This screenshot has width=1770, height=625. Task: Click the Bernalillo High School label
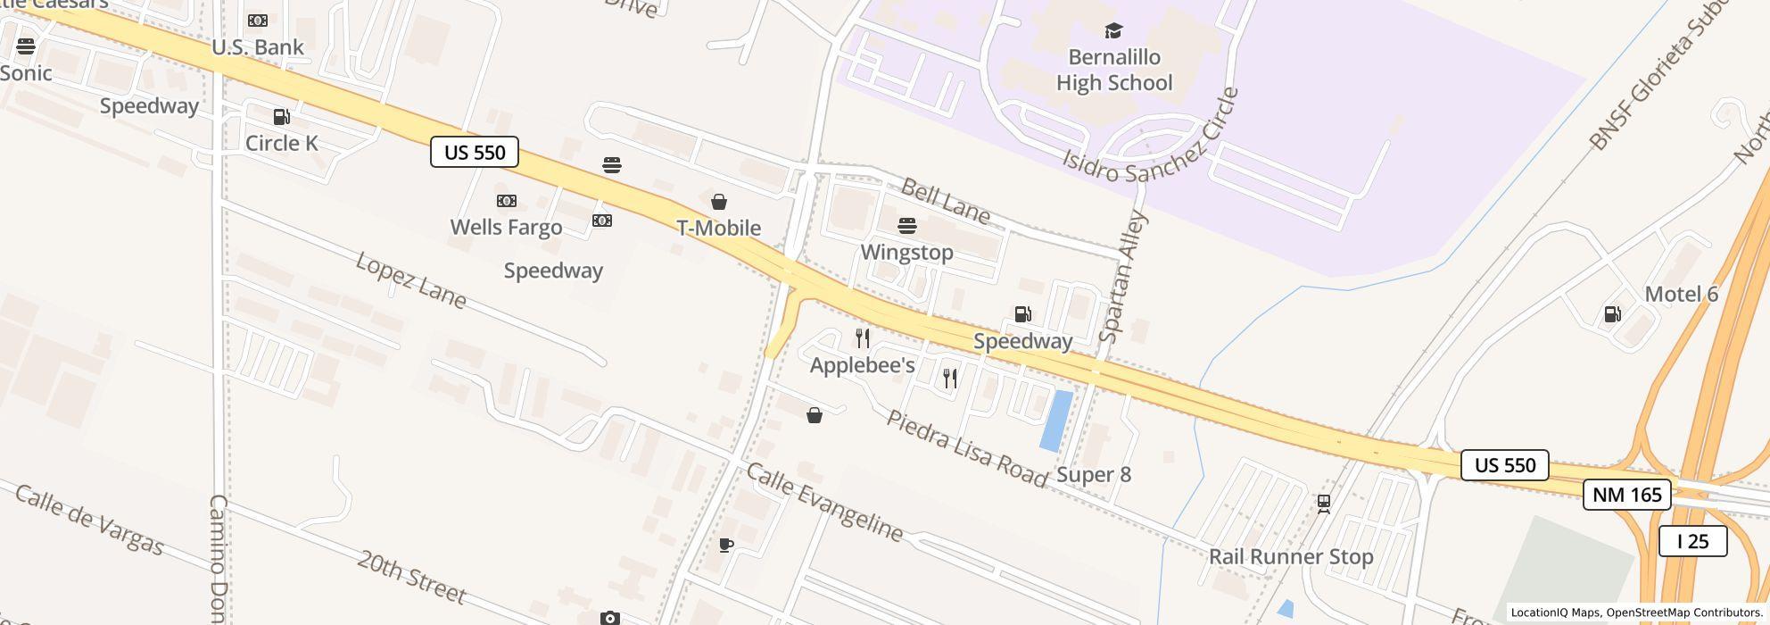(x=1114, y=70)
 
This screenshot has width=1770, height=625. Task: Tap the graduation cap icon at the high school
(x=1113, y=31)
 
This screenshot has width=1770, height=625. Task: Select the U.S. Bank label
(x=258, y=47)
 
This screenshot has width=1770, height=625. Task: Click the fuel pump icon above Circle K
(x=281, y=117)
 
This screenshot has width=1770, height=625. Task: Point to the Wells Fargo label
(x=506, y=228)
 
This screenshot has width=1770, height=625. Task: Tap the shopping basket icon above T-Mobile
(x=718, y=202)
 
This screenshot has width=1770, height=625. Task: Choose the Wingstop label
(x=906, y=253)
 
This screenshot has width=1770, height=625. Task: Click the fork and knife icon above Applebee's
(x=862, y=338)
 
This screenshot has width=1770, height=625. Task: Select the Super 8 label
(x=1094, y=475)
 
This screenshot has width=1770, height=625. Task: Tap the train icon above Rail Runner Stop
(x=1324, y=504)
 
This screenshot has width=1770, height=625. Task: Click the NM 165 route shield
(x=1626, y=495)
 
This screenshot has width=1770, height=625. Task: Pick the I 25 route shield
(x=1692, y=541)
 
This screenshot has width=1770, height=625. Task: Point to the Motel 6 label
(x=1681, y=295)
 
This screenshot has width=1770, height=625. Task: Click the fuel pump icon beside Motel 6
(x=1612, y=314)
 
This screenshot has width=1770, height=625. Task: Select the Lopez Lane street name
(x=410, y=280)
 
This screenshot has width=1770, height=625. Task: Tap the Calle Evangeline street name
(x=824, y=502)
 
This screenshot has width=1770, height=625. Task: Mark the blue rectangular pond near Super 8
(x=1056, y=421)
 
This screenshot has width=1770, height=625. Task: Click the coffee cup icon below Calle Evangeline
(x=726, y=546)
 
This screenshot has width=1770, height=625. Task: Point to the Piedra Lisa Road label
(x=967, y=449)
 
